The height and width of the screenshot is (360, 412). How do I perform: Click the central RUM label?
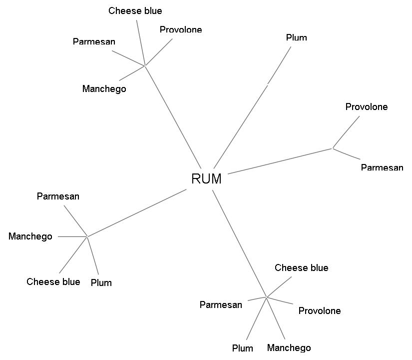point(206,179)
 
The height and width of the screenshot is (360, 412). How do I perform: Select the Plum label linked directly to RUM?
point(296,38)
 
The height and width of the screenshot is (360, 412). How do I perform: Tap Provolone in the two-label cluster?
point(366,107)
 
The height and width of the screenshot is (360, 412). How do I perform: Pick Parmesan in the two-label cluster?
point(382,167)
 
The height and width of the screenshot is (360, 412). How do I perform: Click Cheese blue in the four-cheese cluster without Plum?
point(135,11)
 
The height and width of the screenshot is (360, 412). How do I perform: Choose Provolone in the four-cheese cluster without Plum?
point(181,30)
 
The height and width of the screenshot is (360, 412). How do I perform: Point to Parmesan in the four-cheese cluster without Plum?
point(94,41)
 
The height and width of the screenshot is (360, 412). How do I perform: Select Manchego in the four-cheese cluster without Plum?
point(104,89)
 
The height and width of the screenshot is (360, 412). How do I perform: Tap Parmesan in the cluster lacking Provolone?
point(58,196)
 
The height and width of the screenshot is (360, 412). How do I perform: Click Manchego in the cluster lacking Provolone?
point(30,236)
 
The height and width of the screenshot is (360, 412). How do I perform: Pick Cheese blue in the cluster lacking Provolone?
point(53,282)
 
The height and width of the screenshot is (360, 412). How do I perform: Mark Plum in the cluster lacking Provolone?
point(101,283)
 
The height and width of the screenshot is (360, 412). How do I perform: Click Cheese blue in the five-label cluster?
point(301,268)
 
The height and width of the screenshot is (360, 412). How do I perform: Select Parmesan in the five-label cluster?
point(221,305)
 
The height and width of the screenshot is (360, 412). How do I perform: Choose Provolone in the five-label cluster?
point(319,311)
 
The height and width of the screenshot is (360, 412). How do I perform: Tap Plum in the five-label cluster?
point(242,348)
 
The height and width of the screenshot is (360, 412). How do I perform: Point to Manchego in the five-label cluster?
point(289,348)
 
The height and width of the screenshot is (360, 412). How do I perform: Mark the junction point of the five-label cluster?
point(266,297)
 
